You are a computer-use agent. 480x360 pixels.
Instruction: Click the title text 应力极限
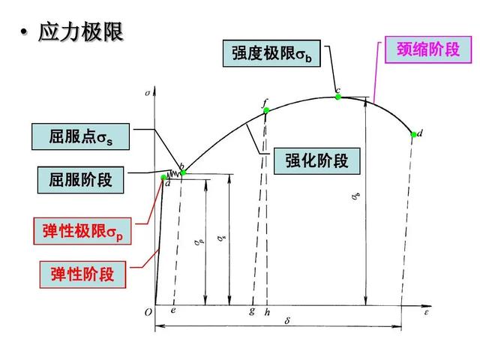(x=80, y=31)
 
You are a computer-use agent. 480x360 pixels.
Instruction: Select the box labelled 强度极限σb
(x=271, y=53)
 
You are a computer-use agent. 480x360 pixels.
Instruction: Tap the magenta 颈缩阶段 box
(x=428, y=49)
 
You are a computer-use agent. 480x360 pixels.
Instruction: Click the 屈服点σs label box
(x=80, y=136)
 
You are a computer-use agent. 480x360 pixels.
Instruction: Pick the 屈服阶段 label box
(x=80, y=180)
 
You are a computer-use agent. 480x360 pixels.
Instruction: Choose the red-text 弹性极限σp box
(x=82, y=231)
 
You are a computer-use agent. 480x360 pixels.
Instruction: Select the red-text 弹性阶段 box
(x=82, y=274)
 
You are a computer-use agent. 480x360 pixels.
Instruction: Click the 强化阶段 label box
(x=316, y=161)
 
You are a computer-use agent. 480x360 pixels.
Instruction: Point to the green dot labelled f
(x=266, y=110)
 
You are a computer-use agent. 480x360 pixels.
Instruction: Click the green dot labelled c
(x=338, y=97)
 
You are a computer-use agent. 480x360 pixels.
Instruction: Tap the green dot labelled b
(x=183, y=172)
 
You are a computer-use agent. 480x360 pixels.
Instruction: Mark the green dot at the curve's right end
(x=413, y=134)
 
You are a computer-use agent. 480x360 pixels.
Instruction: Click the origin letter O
(x=148, y=312)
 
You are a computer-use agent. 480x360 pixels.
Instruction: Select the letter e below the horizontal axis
(x=173, y=310)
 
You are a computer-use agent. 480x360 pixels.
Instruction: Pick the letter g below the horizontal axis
(x=252, y=311)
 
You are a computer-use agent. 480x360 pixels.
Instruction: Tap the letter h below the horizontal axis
(x=267, y=312)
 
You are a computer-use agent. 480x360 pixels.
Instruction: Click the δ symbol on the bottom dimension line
(x=287, y=321)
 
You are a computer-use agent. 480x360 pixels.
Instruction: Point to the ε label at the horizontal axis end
(x=426, y=313)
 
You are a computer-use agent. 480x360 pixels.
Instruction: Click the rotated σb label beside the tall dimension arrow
(x=355, y=196)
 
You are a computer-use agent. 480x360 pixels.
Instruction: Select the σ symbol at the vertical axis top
(x=148, y=93)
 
